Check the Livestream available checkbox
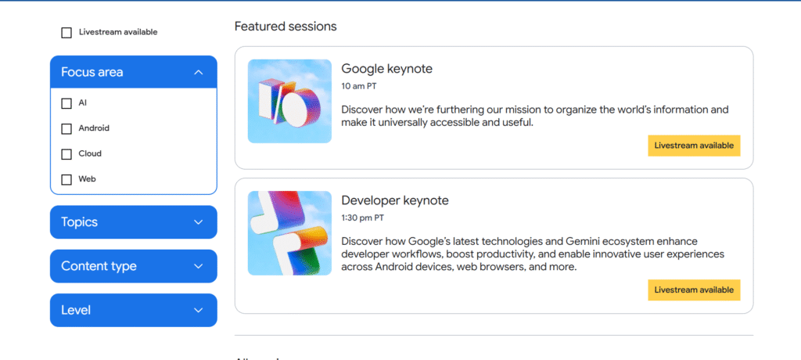tap(66, 33)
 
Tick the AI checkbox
tap(66, 104)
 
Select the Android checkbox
tap(66, 129)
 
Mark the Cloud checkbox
tap(66, 154)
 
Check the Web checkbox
tap(66, 180)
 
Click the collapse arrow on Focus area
tap(199, 73)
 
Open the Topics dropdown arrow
tap(199, 222)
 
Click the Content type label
tap(99, 266)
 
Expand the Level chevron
tap(199, 311)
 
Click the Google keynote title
tap(386, 69)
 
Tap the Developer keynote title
tap(395, 200)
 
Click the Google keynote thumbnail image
tap(289, 101)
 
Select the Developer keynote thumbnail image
tap(289, 233)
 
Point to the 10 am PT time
tap(359, 86)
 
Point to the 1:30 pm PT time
tap(363, 218)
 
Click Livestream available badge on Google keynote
tap(695, 146)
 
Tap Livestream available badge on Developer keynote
tap(695, 290)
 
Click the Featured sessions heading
tap(286, 27)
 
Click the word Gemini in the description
tap(582, 241)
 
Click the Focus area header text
tap(92, 72)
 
